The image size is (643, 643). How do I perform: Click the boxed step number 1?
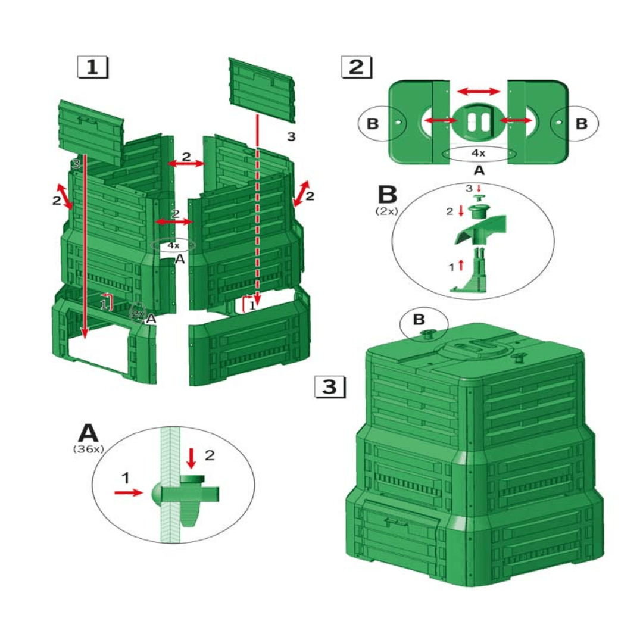tap(93, 67)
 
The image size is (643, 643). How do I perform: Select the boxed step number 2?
tap(355, 67)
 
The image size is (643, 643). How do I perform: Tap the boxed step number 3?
tap(329, 387)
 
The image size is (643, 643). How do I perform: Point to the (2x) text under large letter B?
tap(387, 211)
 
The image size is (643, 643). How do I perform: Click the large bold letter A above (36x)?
tap(88, 433)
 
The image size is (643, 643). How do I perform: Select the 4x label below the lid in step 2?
tap(478, 153)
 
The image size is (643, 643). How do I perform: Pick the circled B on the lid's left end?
tap(373, 124)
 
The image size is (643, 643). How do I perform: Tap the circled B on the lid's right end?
tap(582, 124)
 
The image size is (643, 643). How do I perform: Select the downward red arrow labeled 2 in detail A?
tap(191, 457)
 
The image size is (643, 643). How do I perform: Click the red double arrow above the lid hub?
tap(478, 91)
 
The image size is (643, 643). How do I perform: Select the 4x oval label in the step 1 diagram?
tap(173, 245)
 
